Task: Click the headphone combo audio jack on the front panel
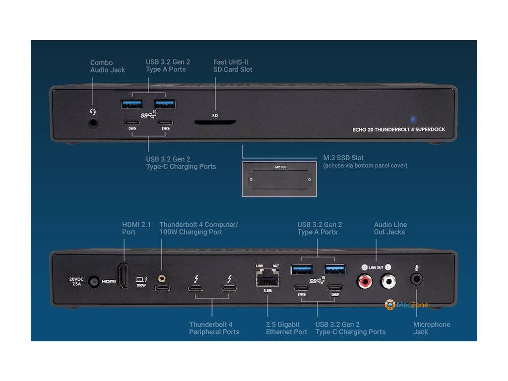tap(92, 122)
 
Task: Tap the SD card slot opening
tap(215, 122)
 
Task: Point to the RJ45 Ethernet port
tap(267, 279)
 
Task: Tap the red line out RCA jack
tap(365, 282)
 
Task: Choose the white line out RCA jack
tap(388, 282)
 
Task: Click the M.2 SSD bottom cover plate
tap(280, 179)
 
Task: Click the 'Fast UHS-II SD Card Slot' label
tap(233, 65)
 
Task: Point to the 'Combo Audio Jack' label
tap(107, 66)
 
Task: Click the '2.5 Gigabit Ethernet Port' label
tap(286, 328)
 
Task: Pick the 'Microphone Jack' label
tap(431, 328)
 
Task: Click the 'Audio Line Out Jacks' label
tap(390, 228)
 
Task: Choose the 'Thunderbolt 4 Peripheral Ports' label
tap(214, 328)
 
